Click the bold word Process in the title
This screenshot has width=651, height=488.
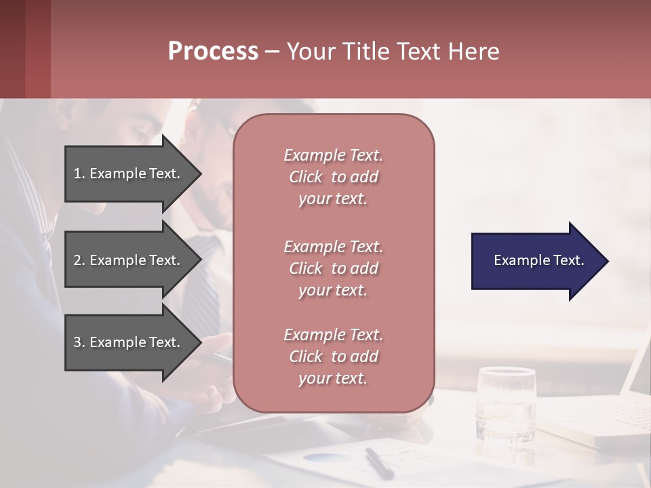point(213,52)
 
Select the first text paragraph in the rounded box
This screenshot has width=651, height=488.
point(333,177)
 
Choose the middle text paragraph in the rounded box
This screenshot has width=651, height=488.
point(333,268)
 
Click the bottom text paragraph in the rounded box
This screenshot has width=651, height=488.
point(333,357)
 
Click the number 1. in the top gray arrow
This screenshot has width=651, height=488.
point(79,174)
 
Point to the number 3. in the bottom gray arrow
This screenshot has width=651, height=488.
point(79,342)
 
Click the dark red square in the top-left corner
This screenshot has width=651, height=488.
point(25,49)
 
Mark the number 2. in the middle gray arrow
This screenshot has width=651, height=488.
point(79,260)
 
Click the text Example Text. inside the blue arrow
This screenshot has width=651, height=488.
point(539,260)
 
